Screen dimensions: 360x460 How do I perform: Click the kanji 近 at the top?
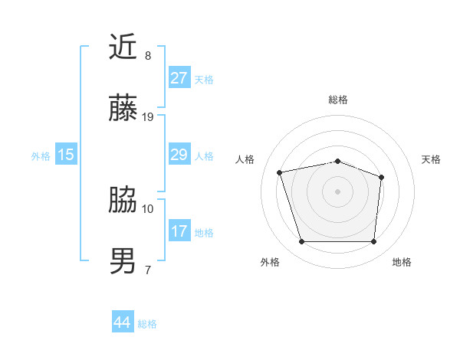[x=123, y=47]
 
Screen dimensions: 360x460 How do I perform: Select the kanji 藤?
[x=123, y=109]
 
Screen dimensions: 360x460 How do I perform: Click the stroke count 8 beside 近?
[x=148, y=56]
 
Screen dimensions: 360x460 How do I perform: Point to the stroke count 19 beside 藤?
[x=148, y=117]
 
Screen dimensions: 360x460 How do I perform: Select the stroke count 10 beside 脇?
[x=148, y=208]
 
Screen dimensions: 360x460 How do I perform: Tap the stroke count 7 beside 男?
[x=148, y=270]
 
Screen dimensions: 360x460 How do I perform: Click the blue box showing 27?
[x=179, y=78]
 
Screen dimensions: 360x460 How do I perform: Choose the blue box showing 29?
[x=179, y=155]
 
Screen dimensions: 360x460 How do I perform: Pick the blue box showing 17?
[x=179, y=231]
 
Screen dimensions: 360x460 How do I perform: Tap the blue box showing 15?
[x=66, y=155]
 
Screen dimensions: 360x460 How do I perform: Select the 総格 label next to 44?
[x=147, y=324]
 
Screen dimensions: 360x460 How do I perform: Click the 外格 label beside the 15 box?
[x=41, y=156]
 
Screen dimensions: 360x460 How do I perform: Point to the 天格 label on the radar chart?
[x=432, y=159]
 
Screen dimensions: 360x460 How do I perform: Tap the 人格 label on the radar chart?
[x=245, y=159]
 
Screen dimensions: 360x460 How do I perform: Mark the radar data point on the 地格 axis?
[x=374, y=242]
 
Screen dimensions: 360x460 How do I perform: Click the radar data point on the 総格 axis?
[x=338, y=161]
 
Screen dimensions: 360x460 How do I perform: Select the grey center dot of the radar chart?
[x=338, y=191]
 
